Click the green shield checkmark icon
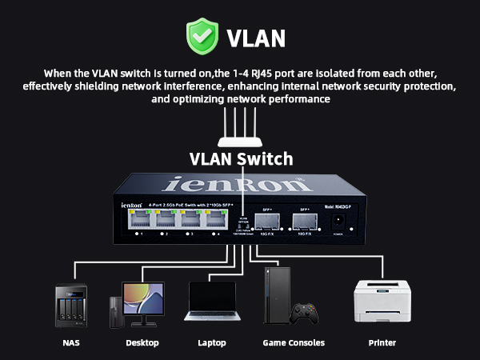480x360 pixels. [x=201, y=36]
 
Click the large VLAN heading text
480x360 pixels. [x=256, y=38]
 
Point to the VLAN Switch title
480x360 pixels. [x=241, y=158]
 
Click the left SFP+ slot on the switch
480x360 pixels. [x=267, y=222]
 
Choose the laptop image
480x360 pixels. [x=211, y=303]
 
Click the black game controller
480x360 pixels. [x=305, y=311]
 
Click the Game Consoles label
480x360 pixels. [x=294, y=342]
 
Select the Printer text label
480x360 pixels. [x=382, y=342]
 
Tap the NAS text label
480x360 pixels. [x=71, y=342]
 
